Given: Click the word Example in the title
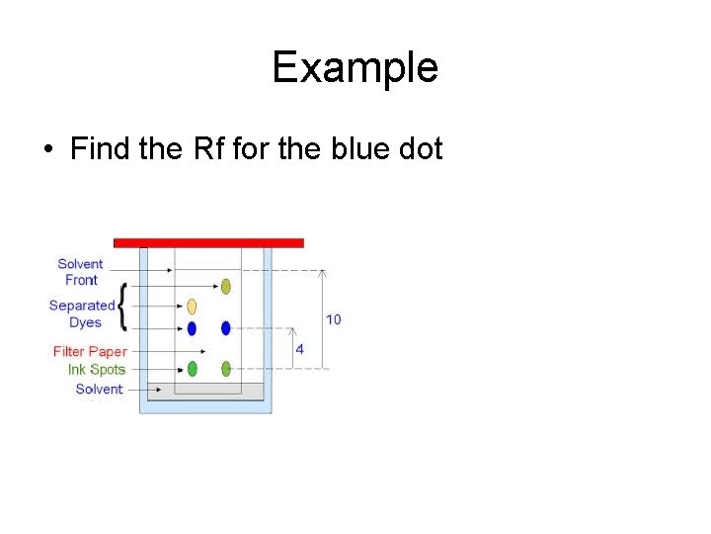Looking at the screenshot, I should click(x=355, y=68).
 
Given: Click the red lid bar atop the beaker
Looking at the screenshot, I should click(x=208, y=242).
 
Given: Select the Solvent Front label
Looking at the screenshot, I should click(x=80, y=272).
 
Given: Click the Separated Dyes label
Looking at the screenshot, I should click(x=82, y=313).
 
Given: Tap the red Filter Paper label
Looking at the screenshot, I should click(x=90, y=351).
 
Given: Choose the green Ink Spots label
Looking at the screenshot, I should click(x=97, y=369).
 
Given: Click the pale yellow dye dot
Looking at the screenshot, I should click(x=192, y=306).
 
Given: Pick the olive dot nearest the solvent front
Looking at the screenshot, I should click(x=226, y=287).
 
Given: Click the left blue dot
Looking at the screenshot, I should click(x=192, y=328).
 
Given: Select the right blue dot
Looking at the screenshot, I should click(x=226, y=328).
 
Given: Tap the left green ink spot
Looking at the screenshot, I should click(x=192, y=369).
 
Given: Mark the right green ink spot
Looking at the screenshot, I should click(x=226, y=369).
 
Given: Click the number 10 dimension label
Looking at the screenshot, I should click(x=334, y=319).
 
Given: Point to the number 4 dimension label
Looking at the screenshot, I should click(x=299, y=349).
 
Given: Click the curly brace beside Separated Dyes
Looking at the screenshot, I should click(x=121, y=307).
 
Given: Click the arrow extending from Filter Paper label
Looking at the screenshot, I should click(x=168, y=351).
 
